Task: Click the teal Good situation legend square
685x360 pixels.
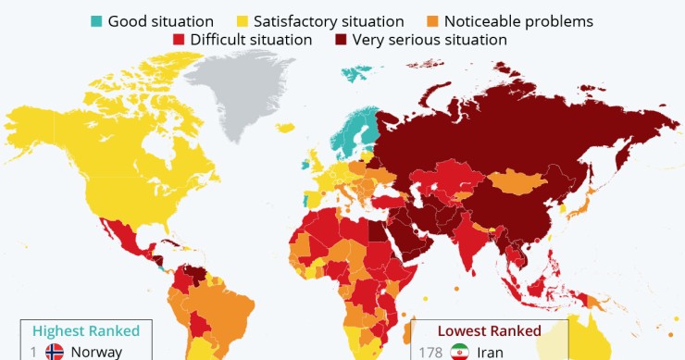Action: tap(96, 20)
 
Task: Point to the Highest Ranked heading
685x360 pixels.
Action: tap(86, 330)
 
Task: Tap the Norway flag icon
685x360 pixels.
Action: tap(55, 352)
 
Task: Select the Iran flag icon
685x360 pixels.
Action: tap(459, 352)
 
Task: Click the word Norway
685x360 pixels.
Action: tap(96, 352)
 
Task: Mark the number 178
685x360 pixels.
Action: tap(430, 352)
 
